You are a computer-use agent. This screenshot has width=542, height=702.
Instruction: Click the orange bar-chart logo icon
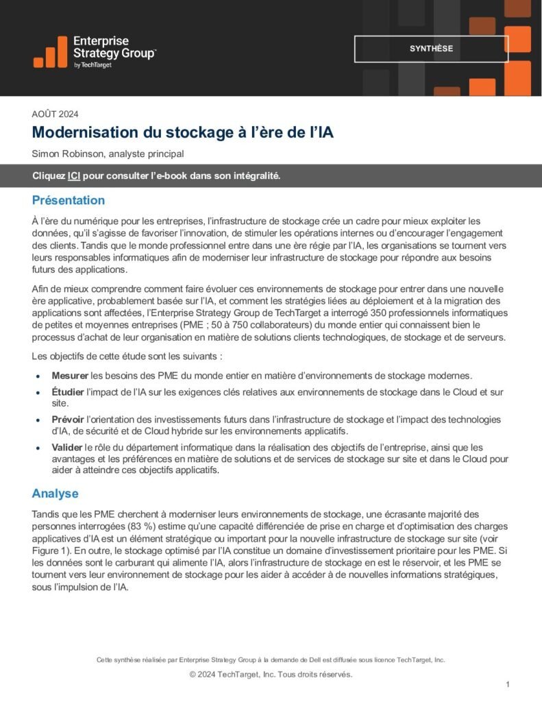pos(50,52)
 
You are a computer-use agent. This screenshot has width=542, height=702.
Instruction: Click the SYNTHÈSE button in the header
pos(431,49)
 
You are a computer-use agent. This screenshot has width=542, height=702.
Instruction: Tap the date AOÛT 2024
pos(56,114)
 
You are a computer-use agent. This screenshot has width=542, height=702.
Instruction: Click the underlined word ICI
pos(74,175)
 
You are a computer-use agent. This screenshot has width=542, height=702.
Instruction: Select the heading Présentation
pos(69,201)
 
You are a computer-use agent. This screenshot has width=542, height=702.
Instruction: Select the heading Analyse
pos(56,494)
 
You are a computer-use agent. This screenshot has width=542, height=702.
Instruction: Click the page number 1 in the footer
pos(507,684)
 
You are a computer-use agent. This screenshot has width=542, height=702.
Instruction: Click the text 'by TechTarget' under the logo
pos(93,65)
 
